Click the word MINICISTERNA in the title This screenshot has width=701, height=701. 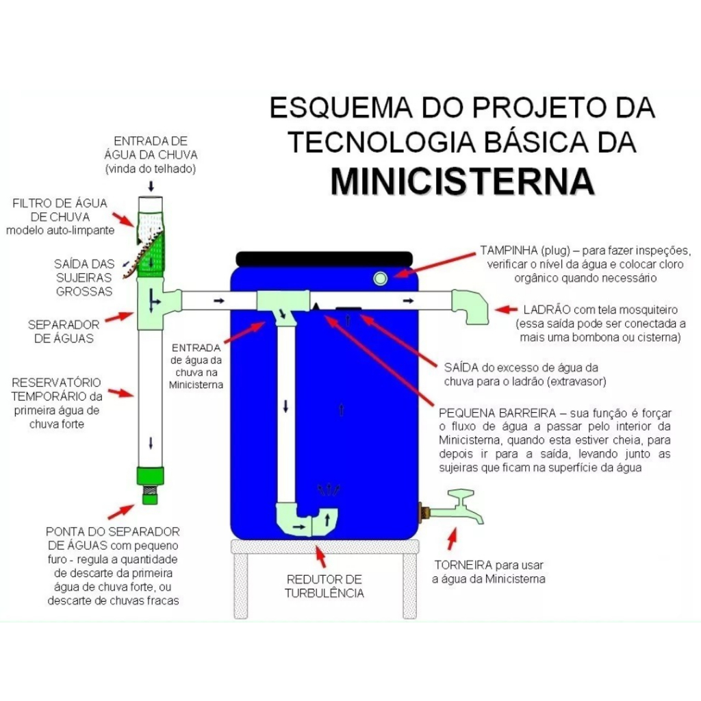462,181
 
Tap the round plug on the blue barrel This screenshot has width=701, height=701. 380,279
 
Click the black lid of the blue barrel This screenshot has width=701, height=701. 324,258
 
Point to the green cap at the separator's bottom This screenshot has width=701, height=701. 150,476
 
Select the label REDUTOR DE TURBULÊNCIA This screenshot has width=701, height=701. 324,586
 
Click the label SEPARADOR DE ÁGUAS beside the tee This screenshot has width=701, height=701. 64,331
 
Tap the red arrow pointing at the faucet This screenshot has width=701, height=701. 452,538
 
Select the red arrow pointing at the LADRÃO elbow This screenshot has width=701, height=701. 506,309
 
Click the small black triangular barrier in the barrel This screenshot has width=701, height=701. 316,306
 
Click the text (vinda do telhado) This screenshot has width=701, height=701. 151,169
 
